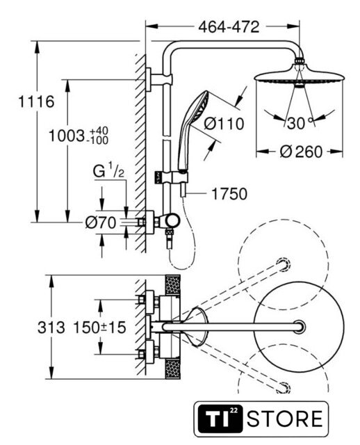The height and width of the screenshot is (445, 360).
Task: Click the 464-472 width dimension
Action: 229,27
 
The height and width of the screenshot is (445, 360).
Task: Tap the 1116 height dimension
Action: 36,102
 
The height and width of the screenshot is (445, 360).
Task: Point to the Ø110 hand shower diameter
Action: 224,124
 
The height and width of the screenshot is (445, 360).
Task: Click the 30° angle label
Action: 300,124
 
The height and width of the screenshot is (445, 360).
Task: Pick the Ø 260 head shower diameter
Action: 301,152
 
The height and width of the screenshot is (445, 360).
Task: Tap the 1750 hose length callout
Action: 229,194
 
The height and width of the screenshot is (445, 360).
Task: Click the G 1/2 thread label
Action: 108,172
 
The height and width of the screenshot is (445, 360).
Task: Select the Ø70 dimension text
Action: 101,222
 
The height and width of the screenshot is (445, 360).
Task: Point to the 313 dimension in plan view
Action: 51,327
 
